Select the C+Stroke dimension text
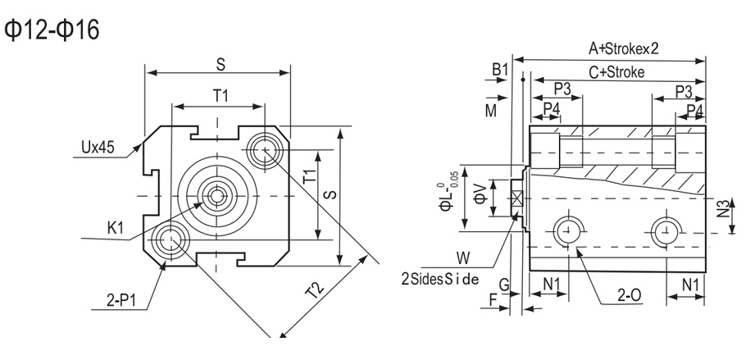(616, 71)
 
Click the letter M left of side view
(489, 109)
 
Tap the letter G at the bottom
(505, 284)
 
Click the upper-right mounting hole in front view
(264, 150)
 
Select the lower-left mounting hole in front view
(170, 240)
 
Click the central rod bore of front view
(216, 195)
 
